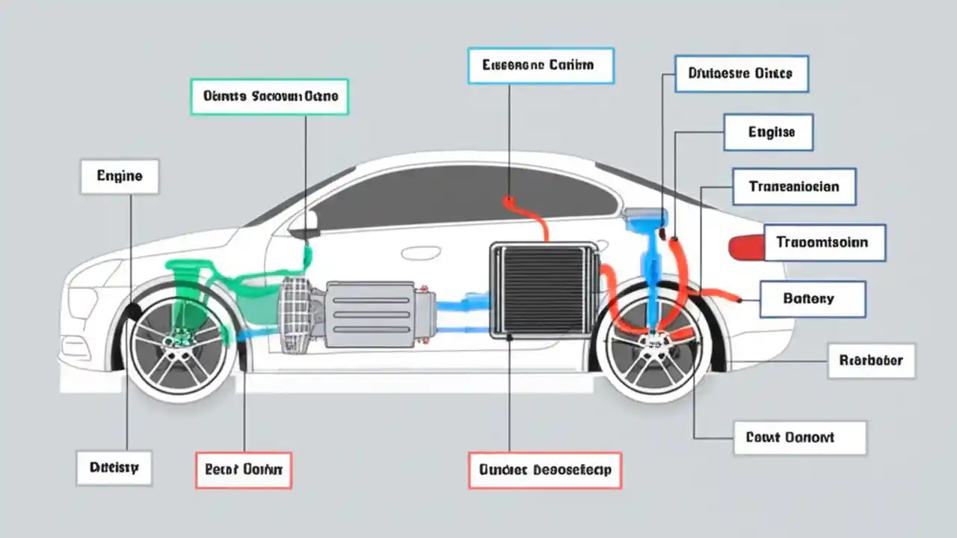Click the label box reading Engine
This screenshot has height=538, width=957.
120,176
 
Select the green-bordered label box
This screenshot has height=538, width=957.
270,96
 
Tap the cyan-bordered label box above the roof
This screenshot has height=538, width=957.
541,65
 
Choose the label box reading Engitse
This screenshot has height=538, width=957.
769,132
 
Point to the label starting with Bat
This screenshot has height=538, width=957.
813,299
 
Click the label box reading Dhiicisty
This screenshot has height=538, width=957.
114,468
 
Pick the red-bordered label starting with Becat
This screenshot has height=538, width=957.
244,470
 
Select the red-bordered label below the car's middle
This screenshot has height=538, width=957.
545,470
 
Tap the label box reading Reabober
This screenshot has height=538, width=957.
871,361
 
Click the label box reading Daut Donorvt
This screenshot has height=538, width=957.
800,438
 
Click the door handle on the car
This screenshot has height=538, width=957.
420,253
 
